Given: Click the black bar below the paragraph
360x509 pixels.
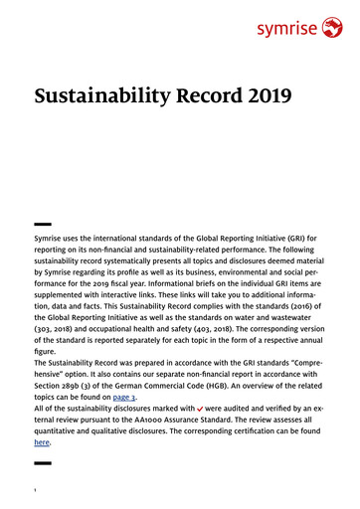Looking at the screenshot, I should click(43, 463).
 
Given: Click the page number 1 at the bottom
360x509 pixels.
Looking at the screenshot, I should click(36, 488).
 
